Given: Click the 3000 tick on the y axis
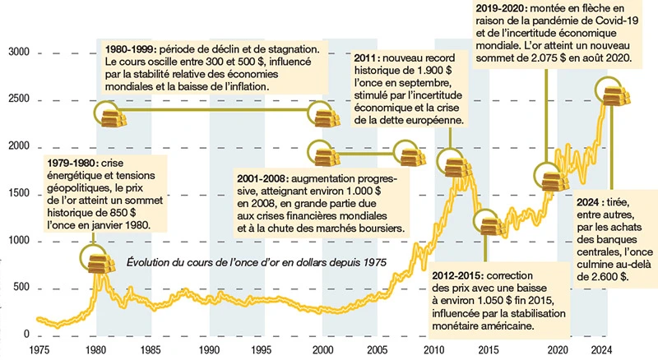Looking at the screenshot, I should (x=17, y=53).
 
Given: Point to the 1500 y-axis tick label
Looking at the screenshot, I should (x=17, y=194).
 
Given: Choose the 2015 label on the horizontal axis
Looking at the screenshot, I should (x=488, y=349).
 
